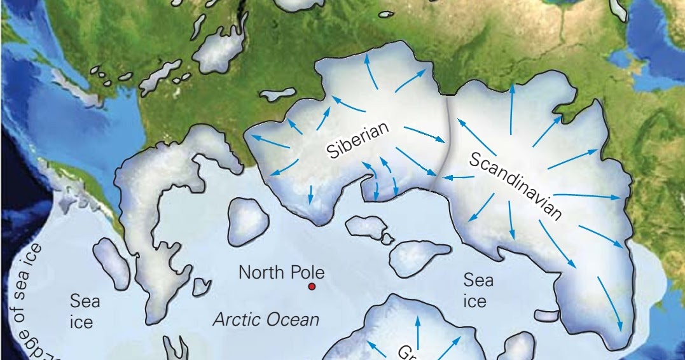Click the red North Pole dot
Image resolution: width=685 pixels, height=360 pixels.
click(x=312, y=287)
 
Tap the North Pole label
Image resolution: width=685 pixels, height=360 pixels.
click(x=281, y=273)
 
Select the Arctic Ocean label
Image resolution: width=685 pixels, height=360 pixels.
click(x=265, y=319)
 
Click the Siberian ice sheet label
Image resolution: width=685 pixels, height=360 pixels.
click(x=357, y=141)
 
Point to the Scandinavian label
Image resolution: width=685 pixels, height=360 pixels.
click(x=516, y=186)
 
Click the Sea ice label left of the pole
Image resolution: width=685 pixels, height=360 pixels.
click(x=85, y=311)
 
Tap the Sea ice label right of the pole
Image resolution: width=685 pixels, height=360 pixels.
click(x=478, y=290)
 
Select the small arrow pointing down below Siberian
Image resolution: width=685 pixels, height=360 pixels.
click(x=310, y=194)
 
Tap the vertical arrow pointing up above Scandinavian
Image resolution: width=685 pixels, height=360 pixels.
click(x=512, y=108)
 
